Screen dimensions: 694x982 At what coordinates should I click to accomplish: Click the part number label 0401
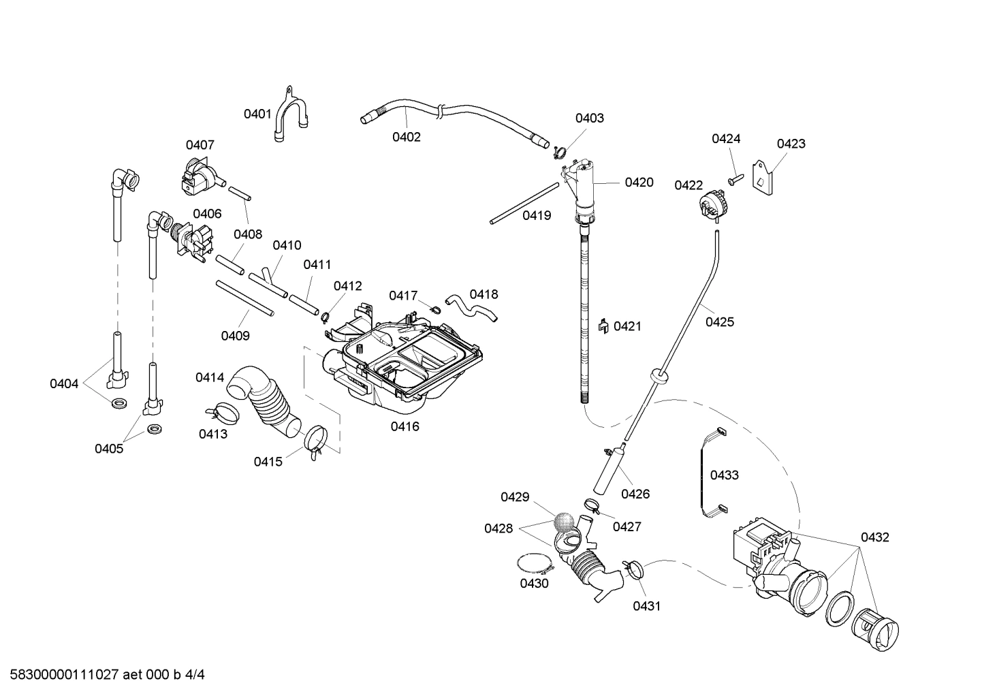coord(257,114)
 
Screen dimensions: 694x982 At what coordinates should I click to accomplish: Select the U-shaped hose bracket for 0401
coord(291,114)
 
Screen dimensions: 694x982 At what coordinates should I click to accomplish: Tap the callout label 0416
coord(405,427)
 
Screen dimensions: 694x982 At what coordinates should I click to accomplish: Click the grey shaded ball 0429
coord(563,522)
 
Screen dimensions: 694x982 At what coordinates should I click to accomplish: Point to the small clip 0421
coord(603,327)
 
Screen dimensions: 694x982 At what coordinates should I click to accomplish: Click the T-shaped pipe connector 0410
coord(270,281)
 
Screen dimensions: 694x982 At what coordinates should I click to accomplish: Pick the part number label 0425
coord(719,321)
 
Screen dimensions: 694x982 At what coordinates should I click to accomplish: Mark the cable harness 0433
coord(706,470)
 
